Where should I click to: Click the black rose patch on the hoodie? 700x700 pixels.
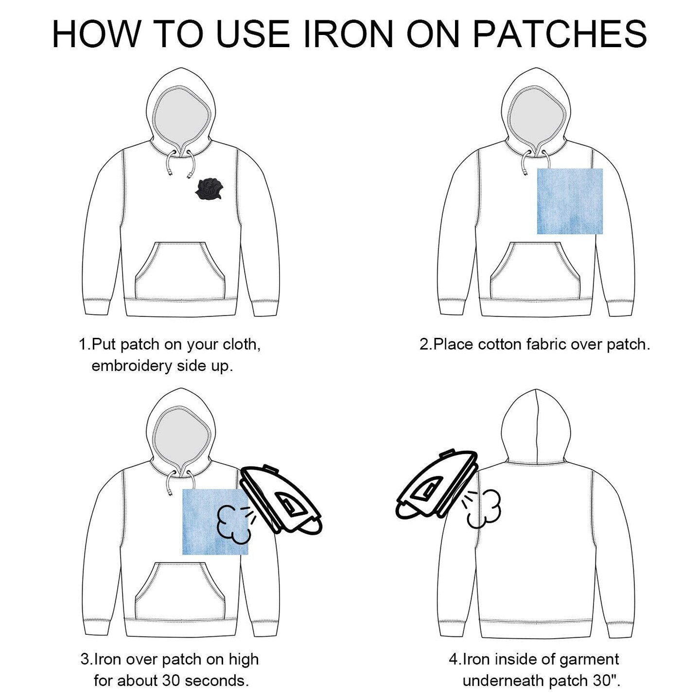(209, 189)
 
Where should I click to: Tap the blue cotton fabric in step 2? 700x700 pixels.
(570, 201)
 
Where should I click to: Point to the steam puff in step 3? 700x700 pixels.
(232, 525)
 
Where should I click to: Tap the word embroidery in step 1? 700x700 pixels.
(132, 366)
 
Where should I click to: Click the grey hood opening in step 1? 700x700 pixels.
(183, 115)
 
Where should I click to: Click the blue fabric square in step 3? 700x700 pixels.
(215, 522)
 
